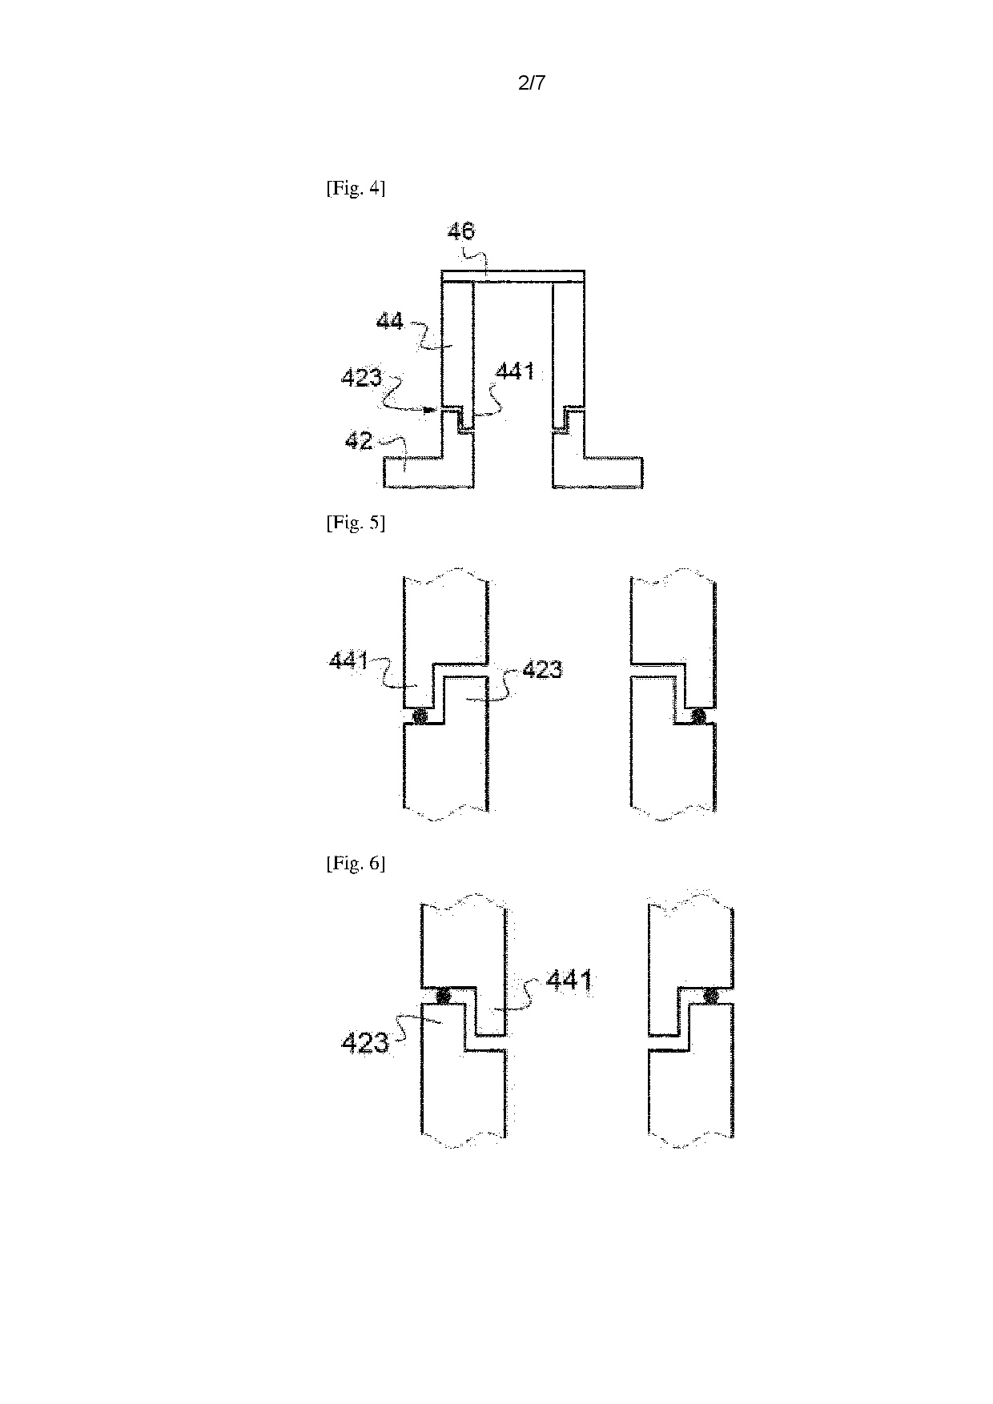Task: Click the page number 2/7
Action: (532, 82)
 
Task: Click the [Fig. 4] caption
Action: (356, 189)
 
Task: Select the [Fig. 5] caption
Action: (356, 523)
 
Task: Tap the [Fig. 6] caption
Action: (356, 864)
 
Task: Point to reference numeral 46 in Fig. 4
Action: (460, 232)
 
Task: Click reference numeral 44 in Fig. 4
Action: (390, 323)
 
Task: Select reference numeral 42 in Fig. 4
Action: (359, 439)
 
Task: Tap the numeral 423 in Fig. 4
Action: (361, 377)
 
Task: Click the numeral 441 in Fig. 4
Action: (515, 371)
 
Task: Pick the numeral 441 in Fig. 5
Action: (348, 661)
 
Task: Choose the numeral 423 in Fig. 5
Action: (542, 669)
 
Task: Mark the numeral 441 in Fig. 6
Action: (569, 980)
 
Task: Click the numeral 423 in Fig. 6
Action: (365, 1043)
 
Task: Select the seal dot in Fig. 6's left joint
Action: (441, 996)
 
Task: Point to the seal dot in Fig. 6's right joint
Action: (710, 996)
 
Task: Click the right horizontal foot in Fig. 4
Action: (613, 472)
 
